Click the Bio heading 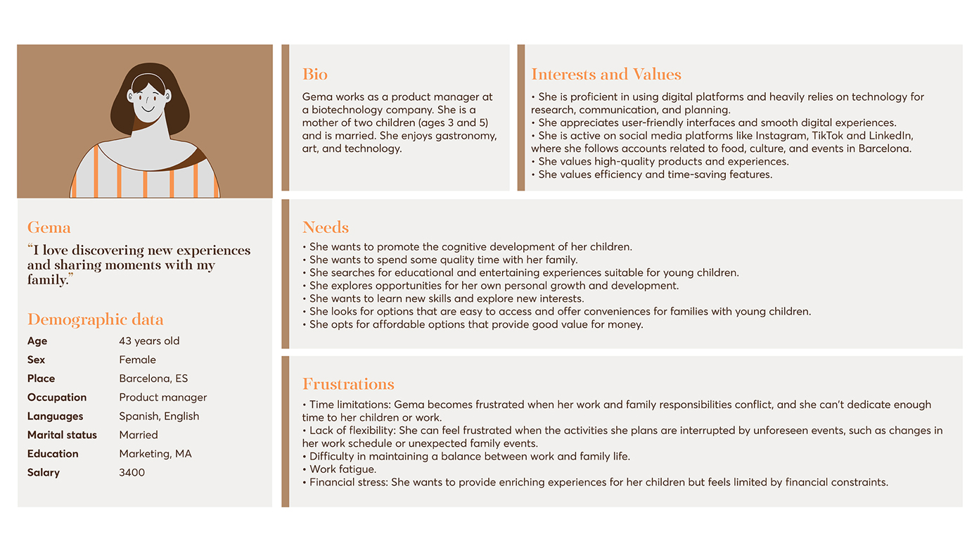coord(314,75)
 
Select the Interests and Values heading coord(606,75)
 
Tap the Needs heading coord(325,227)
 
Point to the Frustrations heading coord(348,384)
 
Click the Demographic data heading coord(95,319)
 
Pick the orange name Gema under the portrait coord(49,227)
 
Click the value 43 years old coord(149,341)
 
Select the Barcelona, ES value coord(153,379)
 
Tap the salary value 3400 coord(132,473)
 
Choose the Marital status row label coord(62,435)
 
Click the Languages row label coord(55,417)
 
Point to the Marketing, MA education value coord(155,454)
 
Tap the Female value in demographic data coord(137,360)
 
